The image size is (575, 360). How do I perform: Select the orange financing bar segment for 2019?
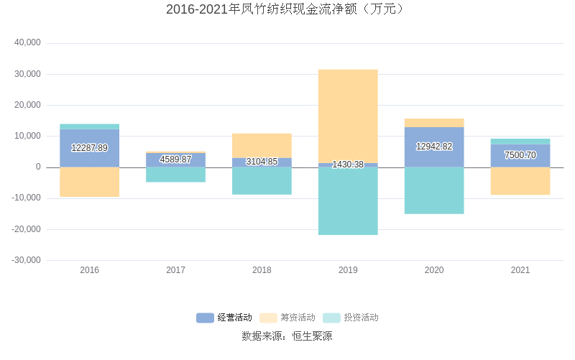coord(348,116)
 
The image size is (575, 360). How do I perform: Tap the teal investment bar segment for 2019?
coord(348,201)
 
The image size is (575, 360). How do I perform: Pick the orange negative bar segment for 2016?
coord(89,182)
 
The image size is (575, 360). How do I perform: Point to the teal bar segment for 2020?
coord(434,190)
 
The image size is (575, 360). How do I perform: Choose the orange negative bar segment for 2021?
coord(520,181)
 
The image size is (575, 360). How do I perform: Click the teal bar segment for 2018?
coord(262,181)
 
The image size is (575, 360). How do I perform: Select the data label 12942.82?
coord(434,147)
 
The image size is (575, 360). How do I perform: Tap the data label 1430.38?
coord(348,165)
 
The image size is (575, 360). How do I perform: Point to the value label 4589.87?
coord(175,159)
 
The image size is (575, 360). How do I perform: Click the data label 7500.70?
coord(520,155)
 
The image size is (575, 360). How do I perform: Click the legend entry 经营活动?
coord(224,318)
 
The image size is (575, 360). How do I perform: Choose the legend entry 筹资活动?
coord(287,318)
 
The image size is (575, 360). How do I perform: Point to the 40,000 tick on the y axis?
coord(28,43)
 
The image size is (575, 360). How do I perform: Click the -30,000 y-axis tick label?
coord(27,260)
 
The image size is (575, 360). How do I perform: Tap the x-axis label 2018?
coord(262,270)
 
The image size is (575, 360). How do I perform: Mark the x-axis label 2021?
coord(520,270)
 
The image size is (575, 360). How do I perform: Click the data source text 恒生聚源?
coord(312,336)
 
